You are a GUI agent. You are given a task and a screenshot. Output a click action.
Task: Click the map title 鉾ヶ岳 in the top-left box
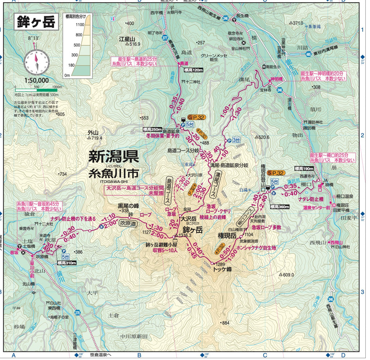[x=36, y=22]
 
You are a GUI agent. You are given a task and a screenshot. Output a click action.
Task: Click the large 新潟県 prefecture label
[x=113, y=157]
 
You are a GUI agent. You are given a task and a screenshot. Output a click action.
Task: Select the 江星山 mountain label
[x=127, y=39]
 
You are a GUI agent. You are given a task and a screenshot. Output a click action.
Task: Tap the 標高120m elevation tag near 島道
[x=194, y=70]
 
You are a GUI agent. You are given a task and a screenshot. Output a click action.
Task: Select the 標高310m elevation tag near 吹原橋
[x=67, y=263]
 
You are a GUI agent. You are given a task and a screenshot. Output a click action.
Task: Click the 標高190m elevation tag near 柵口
[x=304, y=169]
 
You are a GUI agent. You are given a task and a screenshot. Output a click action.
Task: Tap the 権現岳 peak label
[x=227, y=236]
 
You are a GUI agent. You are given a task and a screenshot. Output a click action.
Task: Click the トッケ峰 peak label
[x=222, y=269]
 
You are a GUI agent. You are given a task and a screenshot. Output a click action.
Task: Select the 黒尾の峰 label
[x=129, y=206]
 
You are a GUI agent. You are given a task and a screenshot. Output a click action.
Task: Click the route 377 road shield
[x=165, y=37]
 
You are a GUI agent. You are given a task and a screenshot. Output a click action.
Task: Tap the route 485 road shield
[x=308, y=54]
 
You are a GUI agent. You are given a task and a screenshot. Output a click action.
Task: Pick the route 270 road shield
[x=77, y=312]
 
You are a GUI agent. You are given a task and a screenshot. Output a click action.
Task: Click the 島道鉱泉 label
[x=171, y=131]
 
